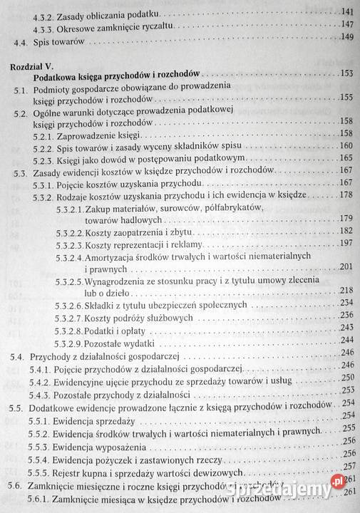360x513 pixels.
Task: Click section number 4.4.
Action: pos(21,43)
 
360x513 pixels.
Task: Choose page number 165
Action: pos(348,157)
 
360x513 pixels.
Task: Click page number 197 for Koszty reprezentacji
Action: pos(347,244)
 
